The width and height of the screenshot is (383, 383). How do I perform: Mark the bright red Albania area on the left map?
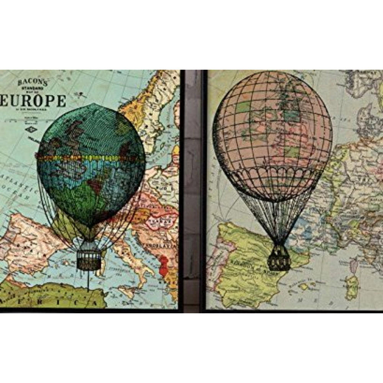[164, 266]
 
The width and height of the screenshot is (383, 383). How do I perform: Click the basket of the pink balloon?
[279, 262]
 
